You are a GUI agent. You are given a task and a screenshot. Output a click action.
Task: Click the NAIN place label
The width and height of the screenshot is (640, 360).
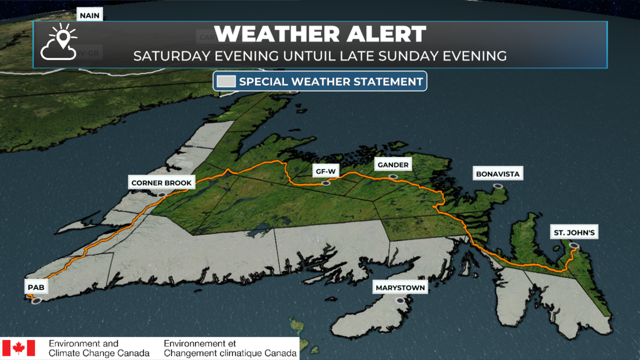point(89,15)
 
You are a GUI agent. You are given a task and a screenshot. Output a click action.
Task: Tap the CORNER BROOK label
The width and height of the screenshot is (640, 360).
point(161,183)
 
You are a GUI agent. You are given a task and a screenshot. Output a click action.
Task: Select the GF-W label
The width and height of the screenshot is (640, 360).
point(326,171)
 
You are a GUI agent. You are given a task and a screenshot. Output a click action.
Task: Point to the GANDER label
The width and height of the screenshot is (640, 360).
point(393,165)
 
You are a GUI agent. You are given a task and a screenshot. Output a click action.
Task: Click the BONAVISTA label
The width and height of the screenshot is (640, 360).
point(498,174)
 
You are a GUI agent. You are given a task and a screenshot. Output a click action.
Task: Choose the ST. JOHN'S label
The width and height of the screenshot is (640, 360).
point(574,232)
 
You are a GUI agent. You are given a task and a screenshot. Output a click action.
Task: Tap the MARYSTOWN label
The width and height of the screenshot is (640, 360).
point(400,287)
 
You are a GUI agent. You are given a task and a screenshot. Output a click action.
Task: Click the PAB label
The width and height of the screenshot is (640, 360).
point(36,287)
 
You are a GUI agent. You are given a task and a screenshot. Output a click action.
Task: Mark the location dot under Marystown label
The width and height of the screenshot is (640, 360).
point(400,300)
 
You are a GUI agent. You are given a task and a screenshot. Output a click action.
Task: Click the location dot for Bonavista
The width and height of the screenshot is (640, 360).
point(498,186)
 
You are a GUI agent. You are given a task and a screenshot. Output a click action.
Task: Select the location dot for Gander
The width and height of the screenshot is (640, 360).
point(393,177)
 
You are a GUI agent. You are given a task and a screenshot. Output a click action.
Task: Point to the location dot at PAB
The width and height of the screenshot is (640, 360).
point(36,301)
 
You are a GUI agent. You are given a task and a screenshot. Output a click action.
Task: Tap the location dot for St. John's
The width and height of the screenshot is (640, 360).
point(574,246)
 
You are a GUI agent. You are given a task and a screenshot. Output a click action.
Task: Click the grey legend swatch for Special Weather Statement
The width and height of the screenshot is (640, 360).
point(226,81)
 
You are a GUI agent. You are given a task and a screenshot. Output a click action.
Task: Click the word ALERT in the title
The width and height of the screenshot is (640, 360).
point(386,34)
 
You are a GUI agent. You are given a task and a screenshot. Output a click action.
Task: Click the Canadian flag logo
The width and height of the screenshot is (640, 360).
point(19,348)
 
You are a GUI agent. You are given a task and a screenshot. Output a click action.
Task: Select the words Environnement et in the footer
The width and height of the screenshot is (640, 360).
point(200,343)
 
